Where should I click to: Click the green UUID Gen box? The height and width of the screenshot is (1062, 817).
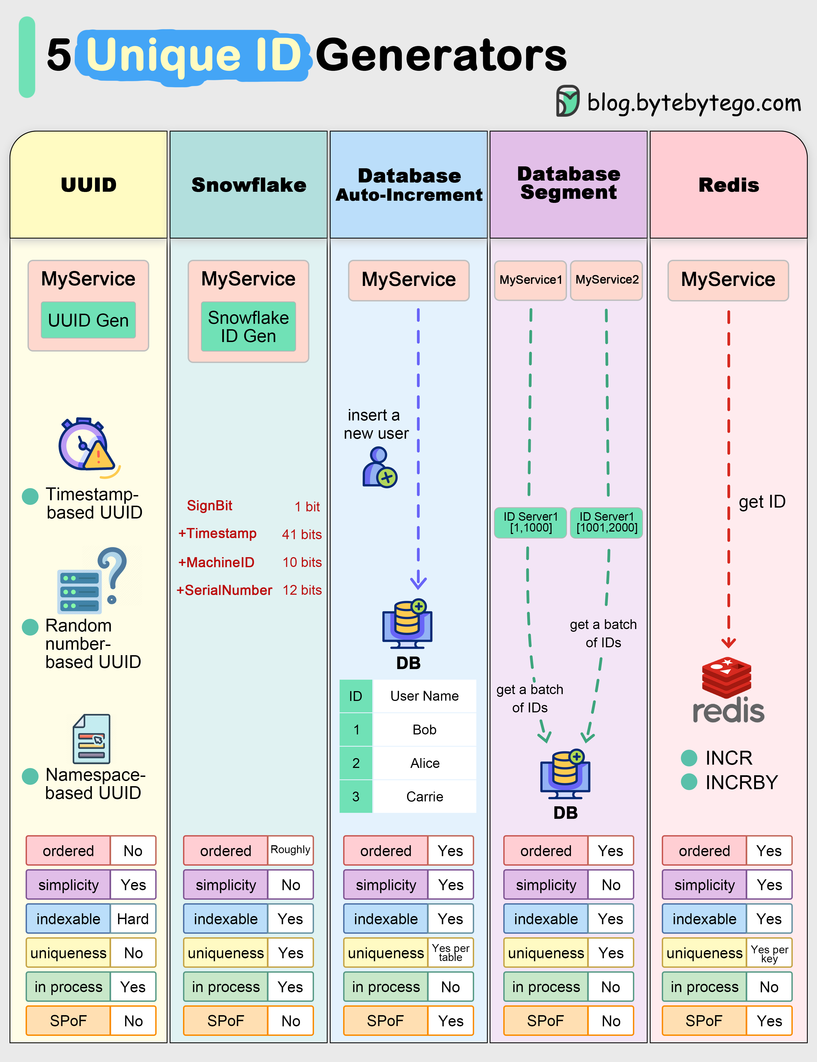point(88,320)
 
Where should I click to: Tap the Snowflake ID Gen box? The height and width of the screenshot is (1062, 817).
point(248,326)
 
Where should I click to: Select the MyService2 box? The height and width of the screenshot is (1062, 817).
point(606,280)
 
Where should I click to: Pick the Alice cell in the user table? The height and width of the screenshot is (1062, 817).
point(425,763)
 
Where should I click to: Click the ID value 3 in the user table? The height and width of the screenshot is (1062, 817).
point(356,796)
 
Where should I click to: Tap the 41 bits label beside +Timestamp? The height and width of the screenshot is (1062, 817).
point(301,534)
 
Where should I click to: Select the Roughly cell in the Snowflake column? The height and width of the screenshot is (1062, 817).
point(290,850)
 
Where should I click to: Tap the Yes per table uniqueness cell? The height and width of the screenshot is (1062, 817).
point(450,953)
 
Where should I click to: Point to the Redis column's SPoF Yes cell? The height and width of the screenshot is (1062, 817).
point(769,1021)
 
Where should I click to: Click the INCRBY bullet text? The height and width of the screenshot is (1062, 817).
point(741,782)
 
